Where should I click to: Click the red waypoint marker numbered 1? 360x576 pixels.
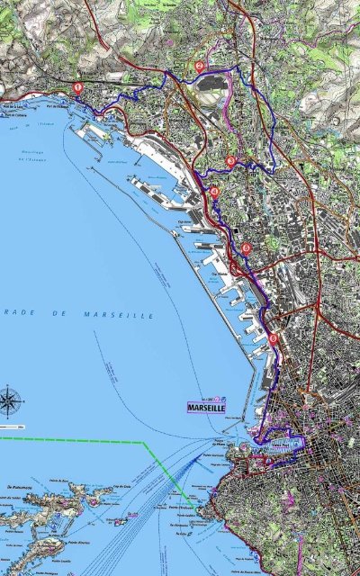tap(78, 88)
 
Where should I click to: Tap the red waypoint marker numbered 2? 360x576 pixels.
tap(199, 66)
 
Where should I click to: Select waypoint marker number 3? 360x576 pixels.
tap(231, 162)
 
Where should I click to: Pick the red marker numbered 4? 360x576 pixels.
tap(245, 248)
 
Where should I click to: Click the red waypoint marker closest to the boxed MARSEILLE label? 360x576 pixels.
tap(274, 338)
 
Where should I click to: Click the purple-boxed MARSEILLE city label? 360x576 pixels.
tap(204, 407)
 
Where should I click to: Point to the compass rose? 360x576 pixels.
tap(12, 399)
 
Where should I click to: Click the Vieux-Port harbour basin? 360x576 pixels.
tap(270, 444)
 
